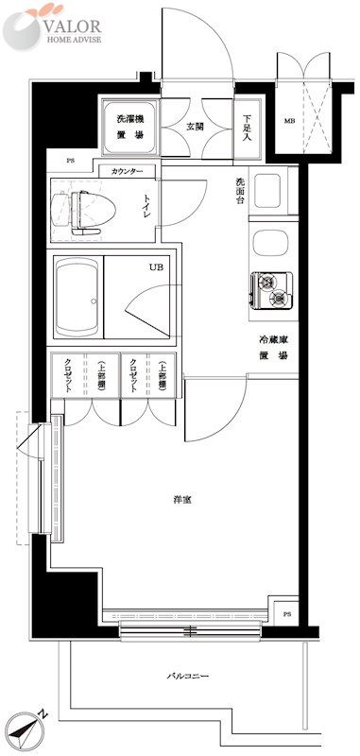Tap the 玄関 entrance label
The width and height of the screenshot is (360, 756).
[195, 126]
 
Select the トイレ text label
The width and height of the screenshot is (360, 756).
[148, 206]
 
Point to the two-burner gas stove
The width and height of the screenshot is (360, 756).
[273, 289]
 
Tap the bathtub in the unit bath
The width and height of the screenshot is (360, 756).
[77, 296]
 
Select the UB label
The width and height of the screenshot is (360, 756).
[155, 267]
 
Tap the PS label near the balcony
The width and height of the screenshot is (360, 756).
[286, 614]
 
